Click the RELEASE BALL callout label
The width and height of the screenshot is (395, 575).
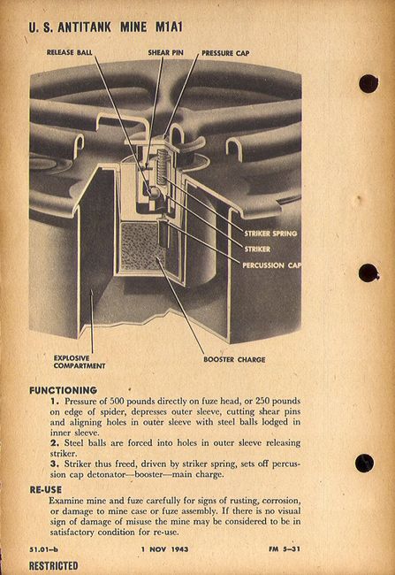coord(70,52)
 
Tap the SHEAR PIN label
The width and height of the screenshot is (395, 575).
coord(165,52)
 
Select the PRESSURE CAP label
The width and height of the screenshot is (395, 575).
coord(225,53)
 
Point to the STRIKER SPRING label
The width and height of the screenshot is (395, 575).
coord(270,234)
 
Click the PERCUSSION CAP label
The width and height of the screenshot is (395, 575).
coord(272,264)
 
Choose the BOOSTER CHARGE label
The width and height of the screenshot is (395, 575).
coord(234,359)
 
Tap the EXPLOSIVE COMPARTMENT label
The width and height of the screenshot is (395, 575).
coord(80,362)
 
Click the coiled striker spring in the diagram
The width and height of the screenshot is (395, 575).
coord(162,167)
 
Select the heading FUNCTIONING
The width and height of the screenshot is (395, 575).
coord(64,390)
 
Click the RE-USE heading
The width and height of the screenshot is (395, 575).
coord(46,489)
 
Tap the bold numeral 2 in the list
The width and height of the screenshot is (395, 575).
coord(54,443)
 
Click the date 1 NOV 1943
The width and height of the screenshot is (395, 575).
coord(165,549)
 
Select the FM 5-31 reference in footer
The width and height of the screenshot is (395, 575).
coord(285,549)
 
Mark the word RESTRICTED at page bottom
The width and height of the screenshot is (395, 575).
coord(54,565)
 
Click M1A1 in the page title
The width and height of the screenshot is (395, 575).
coord(169,27)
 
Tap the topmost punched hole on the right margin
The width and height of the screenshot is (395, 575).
coord(368,84)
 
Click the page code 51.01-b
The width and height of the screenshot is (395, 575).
coord(43,549)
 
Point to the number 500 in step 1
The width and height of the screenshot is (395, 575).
coord(117,401)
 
